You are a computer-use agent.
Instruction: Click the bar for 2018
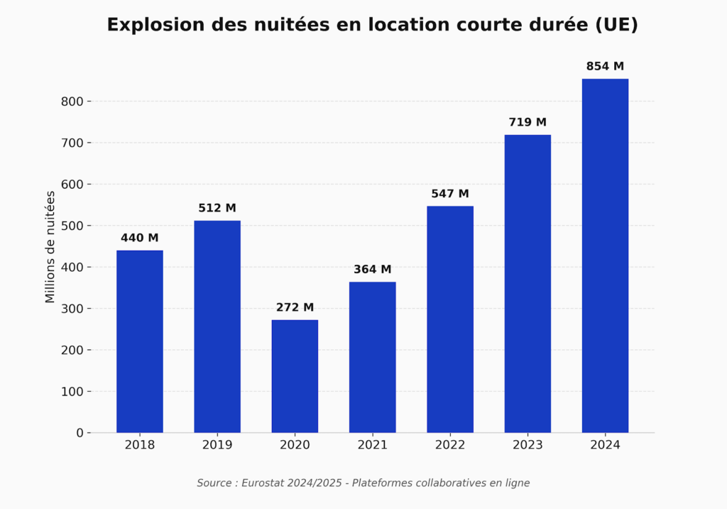(x=140, y=341)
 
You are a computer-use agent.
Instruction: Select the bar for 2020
(x=295, y=376)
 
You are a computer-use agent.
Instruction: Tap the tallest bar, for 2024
(x=605, y=256)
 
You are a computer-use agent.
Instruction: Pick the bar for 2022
(x=450, y=319)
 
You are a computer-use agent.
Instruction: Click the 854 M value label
(x=605, y=67)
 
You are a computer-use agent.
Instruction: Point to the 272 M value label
(x=295, y=308)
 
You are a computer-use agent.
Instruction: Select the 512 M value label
(x=217, y=209)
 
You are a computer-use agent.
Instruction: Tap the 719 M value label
(x=528, y=123)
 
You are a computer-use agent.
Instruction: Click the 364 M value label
(x=373, y=270)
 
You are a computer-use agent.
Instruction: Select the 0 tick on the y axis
(x=80, y=433)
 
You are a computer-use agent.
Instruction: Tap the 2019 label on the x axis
(x=217, y=445)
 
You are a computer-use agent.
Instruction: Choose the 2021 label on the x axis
(x=373, y=445)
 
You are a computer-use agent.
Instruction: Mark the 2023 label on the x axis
(x=528, y=445)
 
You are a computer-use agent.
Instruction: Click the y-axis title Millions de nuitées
(x=50, y=247)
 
